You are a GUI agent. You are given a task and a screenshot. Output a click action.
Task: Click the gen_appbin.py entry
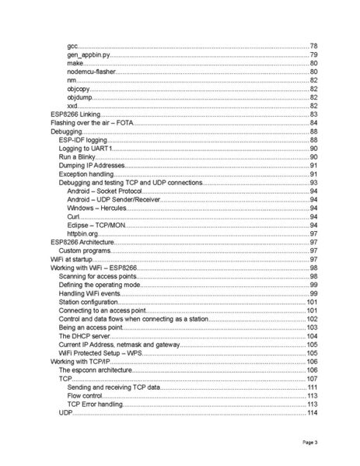coord(89,55)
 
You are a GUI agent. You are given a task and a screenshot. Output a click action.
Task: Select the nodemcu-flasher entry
coord(91,72)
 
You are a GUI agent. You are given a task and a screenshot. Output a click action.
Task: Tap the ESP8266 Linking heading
coord(75,114)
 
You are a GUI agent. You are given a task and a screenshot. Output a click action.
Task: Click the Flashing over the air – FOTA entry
coord(93,123)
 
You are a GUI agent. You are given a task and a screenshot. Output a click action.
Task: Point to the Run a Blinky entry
coord(80,157)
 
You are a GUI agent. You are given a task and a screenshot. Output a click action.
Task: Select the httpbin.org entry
coord(83,233)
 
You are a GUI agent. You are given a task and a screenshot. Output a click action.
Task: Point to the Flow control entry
coord(85,395)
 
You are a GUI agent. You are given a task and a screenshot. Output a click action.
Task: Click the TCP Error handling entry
coord(96,405)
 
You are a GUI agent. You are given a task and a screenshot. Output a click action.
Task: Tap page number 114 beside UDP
coord(313,413)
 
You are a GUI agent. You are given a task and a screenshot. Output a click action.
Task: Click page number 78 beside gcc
coord(314,47)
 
